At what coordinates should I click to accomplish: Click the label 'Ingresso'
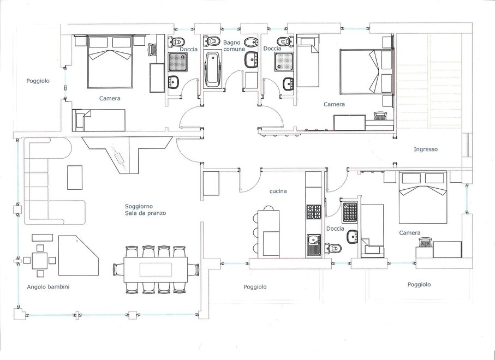426,149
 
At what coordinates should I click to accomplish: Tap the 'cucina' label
278,191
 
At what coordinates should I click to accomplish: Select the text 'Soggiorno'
139,207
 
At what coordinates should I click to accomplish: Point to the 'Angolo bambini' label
48,287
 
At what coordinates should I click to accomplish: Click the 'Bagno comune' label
234,46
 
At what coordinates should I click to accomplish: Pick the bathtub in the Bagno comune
212,69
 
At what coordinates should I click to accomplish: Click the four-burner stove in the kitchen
314,212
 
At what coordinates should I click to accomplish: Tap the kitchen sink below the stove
314,244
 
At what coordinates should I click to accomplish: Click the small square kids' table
40,261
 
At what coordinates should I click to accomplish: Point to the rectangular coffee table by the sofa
75,178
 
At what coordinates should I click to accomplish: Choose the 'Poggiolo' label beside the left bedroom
38,81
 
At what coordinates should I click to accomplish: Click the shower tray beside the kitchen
349,213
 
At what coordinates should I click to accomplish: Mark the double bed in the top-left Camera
110,62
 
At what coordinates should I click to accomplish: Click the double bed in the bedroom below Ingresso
423,197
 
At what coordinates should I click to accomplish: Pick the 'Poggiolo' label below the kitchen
255,287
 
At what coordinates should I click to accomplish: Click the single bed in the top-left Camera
98,120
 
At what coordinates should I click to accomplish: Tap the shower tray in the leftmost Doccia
175,62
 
